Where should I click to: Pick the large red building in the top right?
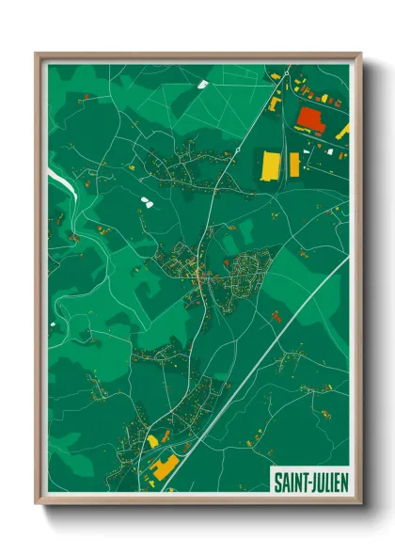click(310, 118)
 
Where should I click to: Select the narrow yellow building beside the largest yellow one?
click(294, 165)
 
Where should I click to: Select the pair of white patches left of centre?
click(144, 200)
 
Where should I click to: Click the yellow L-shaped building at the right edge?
click(343, 132)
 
